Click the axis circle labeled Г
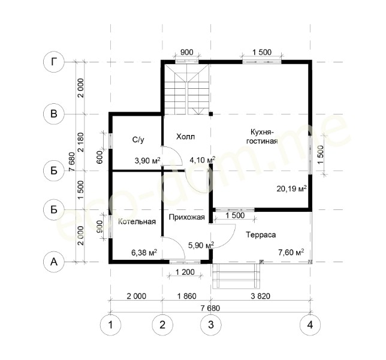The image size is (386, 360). click(x=54, y=62)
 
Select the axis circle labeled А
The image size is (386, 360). click(x=54, y=262)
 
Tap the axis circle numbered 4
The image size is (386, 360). click(x=310, y=325)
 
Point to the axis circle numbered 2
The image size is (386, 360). click(x=162, y=325)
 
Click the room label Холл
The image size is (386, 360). click(x=185, y=137)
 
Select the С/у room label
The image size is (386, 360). click(x=138, y=140)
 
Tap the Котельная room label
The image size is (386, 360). click(x=137, y=221)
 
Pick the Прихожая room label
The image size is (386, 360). click(x=187, y=217)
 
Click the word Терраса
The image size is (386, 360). click(x=261, y=235)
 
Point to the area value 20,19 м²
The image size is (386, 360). click(x=291, y=189)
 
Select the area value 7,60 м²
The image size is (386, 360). click(x=291, y=252)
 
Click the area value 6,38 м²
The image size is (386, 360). click(x=144, y=253)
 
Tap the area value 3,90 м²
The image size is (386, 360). click(x=147, y=161)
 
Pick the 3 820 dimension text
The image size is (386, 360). click(x=261, y=296)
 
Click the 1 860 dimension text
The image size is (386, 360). click(x=187, y=296)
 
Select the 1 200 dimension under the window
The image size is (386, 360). click(x=185, y=272)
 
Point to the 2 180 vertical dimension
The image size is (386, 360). click(x=80, y=142)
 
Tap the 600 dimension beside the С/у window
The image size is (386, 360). click(x=99, y=157)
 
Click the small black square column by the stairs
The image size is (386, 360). click(x=211, y=113)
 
